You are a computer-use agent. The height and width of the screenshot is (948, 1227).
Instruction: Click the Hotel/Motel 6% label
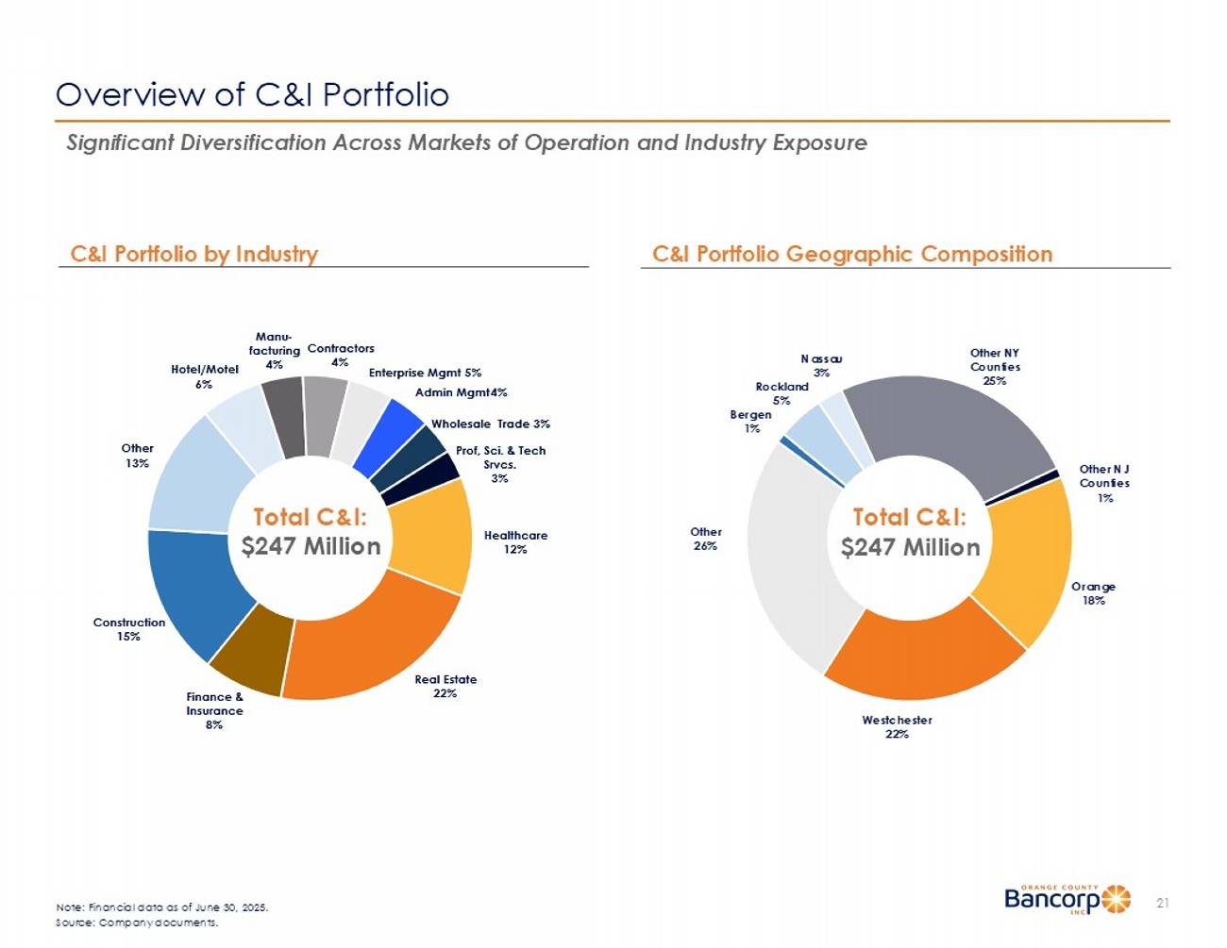(205, 376)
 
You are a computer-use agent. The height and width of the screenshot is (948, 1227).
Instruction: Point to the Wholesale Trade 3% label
(490, 424)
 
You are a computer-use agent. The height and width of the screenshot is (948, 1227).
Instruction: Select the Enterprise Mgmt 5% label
(425, 373)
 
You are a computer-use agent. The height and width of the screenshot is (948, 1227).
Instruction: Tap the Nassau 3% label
(821, 365)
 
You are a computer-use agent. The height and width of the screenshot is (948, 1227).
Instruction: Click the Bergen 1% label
(751, 421)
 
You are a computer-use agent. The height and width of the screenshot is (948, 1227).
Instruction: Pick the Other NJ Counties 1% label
(1104, 483)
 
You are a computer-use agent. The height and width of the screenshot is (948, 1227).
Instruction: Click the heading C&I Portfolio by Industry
(194, 254)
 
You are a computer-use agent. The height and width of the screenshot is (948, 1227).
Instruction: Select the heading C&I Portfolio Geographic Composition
(851, 254)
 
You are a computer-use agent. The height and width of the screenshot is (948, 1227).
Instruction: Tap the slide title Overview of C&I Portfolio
(252, 94)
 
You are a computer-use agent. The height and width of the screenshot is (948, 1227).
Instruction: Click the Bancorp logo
(1067, 899)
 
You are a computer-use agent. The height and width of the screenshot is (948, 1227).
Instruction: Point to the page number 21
(1163, 904)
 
